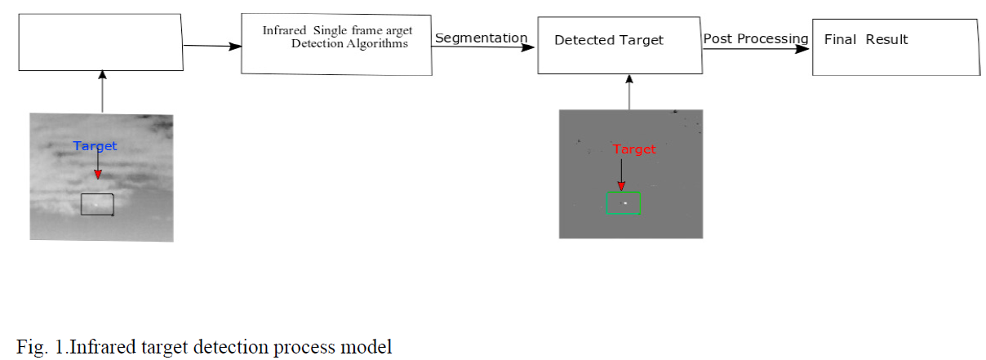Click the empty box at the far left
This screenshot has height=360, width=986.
pos(100,42)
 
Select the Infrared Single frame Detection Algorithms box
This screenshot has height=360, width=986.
pos(336,44)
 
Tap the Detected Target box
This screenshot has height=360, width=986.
pos(620,44)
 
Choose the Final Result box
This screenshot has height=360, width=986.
pos(895,47)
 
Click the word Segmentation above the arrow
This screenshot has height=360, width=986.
pos(481,38)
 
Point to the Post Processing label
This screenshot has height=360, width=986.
pos(755,39)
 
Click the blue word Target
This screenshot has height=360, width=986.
pos(95,146)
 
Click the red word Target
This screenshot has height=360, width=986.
pos(634,149)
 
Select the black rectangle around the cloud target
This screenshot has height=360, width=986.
pos(97,204)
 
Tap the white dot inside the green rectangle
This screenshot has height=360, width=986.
pos(625,202)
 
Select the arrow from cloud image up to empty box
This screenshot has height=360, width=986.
pos(102,91)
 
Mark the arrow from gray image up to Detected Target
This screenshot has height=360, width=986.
pos(629,91)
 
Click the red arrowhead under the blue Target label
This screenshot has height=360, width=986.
pos(98,173)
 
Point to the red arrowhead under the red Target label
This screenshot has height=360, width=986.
pos(621,185)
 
